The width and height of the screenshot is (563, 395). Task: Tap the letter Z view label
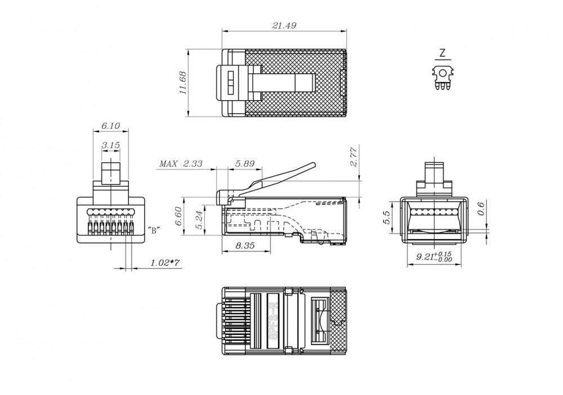[x=443, y=53]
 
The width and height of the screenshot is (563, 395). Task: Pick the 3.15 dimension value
[x=110, y=145]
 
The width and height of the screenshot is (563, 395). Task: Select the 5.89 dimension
[x=245, y=164]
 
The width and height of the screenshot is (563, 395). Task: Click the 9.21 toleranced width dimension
[x=434, y=258]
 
